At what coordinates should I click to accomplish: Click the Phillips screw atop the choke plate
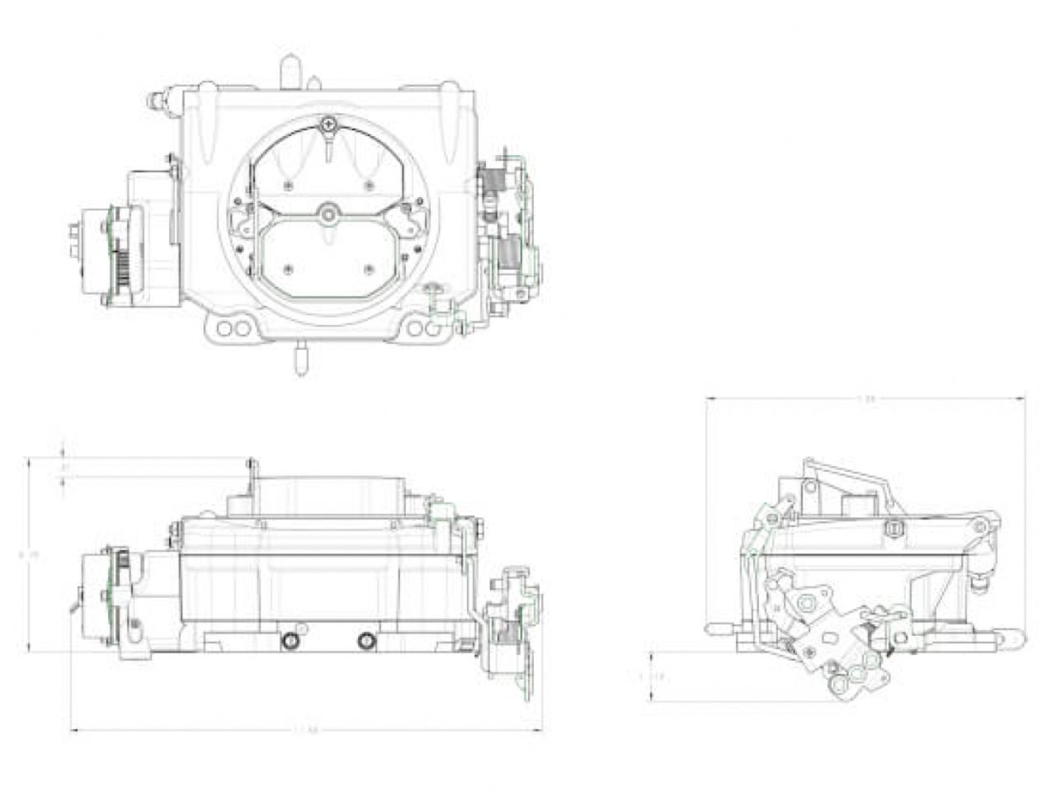(329, 125)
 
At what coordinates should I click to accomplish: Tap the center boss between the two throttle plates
(329, 214)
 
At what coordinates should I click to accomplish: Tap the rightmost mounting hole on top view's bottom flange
(432, 330)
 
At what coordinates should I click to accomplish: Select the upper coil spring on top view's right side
(493, 181)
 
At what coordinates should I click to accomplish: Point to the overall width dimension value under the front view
(306, 730)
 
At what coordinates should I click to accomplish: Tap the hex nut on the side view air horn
(892, 527)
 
